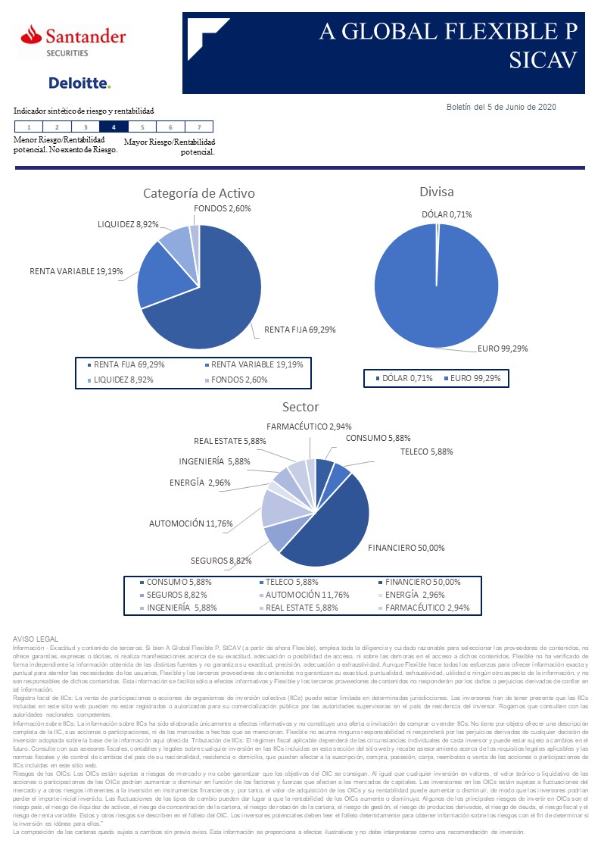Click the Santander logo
(73, 39)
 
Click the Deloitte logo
(79, 83)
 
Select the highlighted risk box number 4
(114, 127)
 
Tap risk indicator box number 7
(199, 127)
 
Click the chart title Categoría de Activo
(199, 193)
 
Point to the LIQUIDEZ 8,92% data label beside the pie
(128, 224)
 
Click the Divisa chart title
(437, 192)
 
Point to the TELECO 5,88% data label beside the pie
(426, 452)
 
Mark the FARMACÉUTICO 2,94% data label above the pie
(309, 427)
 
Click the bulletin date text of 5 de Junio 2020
(501, 107)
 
